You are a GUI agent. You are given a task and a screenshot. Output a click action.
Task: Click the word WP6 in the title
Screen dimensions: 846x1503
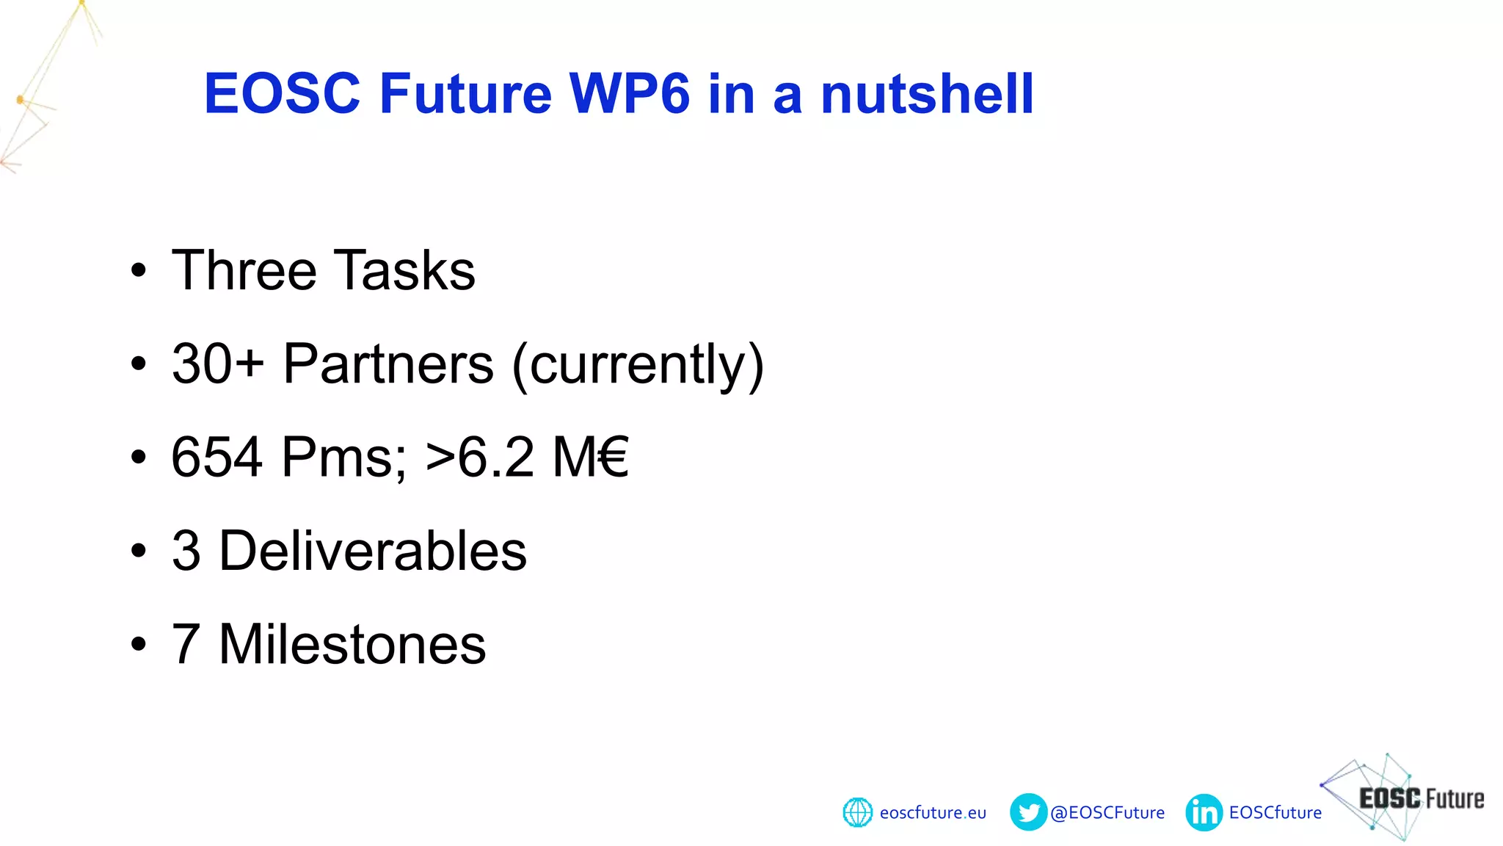pos(629,94)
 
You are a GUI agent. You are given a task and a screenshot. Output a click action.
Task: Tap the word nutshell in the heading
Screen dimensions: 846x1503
pos(927,94)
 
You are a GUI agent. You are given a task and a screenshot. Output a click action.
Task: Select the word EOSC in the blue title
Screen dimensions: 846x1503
pos(282,94)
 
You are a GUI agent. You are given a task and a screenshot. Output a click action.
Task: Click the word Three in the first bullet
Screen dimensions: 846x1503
pos(244,270)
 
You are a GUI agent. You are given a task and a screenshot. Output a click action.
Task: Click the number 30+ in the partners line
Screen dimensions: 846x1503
pos(217,364)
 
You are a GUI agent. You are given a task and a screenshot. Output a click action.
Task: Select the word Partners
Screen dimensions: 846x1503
pos(388,364)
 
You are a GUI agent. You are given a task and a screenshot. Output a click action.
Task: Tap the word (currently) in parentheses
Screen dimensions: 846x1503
pos(638,365)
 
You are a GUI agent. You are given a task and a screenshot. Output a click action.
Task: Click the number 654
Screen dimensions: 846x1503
pos(216,457)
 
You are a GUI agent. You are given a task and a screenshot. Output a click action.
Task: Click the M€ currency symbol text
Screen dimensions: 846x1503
pos(591,457)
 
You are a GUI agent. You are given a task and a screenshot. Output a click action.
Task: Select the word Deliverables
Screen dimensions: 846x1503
pos(373,551)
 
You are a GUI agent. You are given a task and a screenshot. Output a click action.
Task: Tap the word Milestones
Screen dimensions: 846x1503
pos(352,644)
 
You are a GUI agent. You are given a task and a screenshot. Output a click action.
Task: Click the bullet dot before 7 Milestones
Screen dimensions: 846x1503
pos(139,644)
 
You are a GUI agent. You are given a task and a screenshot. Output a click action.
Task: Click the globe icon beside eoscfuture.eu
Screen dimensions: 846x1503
pos(857,812)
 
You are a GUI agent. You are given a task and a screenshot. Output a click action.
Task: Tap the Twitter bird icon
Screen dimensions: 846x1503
pos(1028,812)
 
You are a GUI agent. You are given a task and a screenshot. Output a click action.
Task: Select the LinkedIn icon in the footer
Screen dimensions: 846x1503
pos(1204,812)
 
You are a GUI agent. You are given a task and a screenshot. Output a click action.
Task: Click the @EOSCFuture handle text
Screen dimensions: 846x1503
pos(1107,813)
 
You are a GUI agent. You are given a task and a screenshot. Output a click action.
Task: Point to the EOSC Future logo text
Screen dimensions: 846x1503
pos(1421,798)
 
